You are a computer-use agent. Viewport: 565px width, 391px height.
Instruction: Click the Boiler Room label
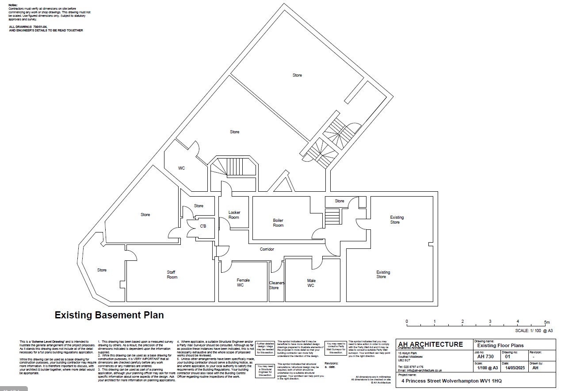point(278,223)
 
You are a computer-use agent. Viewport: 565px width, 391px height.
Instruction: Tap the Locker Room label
point(234,215)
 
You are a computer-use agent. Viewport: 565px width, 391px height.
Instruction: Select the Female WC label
point(243,283)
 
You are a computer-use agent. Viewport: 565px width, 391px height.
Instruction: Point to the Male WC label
point(311,283)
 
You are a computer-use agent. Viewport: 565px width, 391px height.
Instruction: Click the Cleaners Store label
point(276,285)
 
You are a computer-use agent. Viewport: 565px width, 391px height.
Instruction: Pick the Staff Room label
point(172,275)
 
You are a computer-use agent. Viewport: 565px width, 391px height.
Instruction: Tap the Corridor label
point(267,249)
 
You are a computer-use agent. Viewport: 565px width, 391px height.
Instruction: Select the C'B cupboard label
point(203,226)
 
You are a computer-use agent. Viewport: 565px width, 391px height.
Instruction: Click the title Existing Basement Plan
point(109,315)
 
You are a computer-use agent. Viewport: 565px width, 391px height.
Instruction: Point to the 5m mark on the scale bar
point(546,322)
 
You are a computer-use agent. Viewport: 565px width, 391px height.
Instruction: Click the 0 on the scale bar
point(407,321)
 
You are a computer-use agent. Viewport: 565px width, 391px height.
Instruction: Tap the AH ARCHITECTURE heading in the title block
point(430,345)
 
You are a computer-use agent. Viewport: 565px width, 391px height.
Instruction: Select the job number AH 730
point(485,356)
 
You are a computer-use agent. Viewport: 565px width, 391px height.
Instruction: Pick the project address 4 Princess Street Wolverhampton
point(451,380)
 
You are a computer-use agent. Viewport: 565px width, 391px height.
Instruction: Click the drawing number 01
point(508,356)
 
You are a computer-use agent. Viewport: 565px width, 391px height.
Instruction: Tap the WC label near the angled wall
point(181,168)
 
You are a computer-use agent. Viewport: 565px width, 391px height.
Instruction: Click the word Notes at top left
point(13,5)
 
